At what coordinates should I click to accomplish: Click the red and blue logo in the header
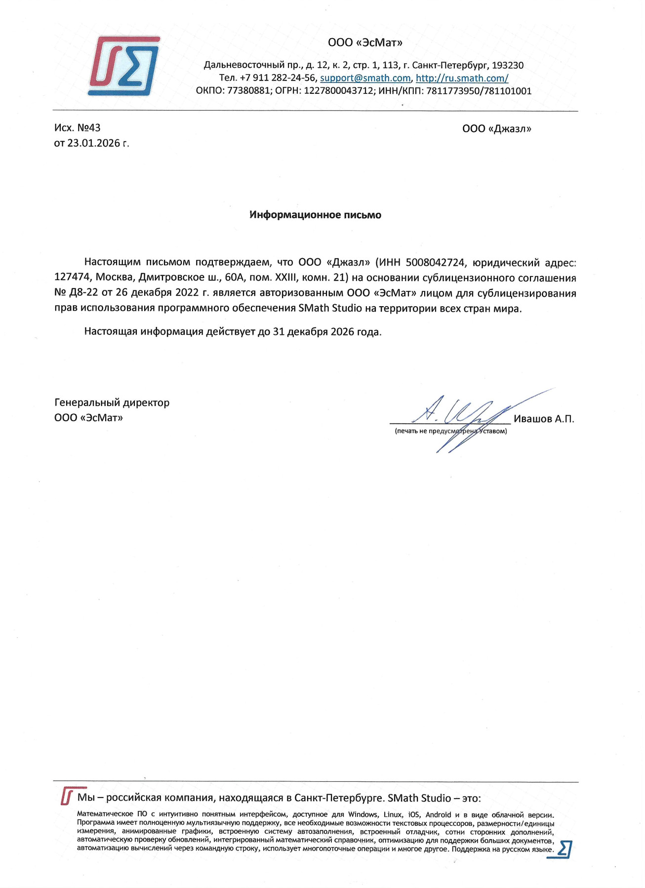click(x=123, y=66)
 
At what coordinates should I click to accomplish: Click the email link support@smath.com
click(x=365, y=78)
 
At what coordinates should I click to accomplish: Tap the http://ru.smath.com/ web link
click(x=462, y=78)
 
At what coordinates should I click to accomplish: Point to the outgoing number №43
click(x=89, y=128)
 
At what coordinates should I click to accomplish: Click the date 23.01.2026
click(x=94, y=143)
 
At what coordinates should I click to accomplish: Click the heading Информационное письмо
click(x=315, y=215)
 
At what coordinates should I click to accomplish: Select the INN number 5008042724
click(x=435, y=262)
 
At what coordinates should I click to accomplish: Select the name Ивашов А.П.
click(x=544, y=419)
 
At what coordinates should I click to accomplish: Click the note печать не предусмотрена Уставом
click(x=450, y=431)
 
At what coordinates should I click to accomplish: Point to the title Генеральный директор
click(x=112, y=403)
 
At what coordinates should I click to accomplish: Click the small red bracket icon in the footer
click(x=67, y=796)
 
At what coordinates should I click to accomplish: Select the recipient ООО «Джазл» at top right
click(x=496, y=129)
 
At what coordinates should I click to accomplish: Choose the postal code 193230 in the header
click(x=508, y=65)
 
